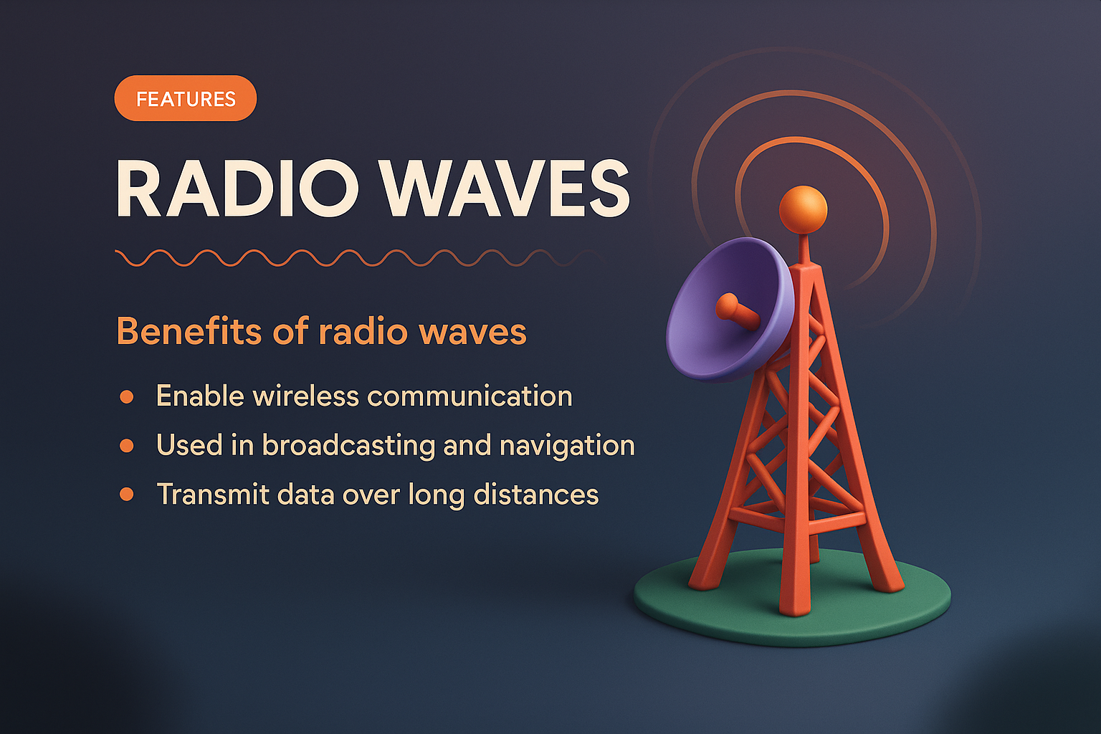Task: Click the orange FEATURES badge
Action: click(x=186, y=99)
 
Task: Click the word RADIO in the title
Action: click(x=237, y=189)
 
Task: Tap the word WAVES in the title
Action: click(x=505, y=189)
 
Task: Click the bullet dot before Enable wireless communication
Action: click(x=127, y=397)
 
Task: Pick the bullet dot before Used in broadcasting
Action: click(x=127, y=446)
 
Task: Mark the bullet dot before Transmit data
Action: click(x=127, y=495)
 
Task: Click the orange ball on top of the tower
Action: click(x=803, y=209)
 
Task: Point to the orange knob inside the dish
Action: click(x=728, y=307)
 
